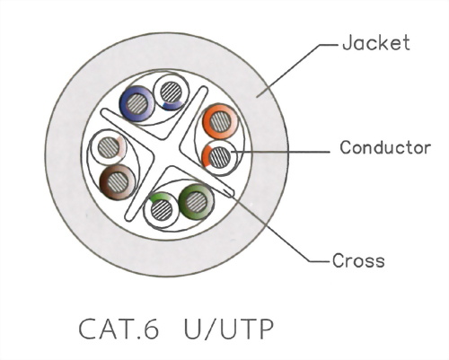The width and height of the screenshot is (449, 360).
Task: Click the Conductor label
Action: point(384,147)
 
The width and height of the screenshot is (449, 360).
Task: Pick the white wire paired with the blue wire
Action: point(169,93)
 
